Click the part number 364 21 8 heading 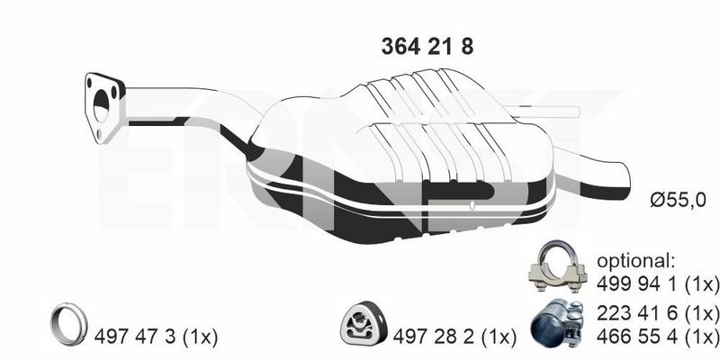427,47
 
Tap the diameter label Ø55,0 678,200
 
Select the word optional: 636,262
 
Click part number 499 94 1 638,283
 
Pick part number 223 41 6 638,313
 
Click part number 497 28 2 434,337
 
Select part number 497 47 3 135,337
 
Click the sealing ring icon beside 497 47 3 68,324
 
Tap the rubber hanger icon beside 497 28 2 363,323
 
